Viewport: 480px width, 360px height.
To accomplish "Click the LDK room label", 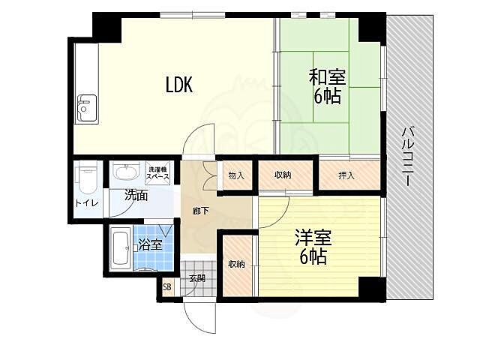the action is pyautogui.click(x=179, y=85).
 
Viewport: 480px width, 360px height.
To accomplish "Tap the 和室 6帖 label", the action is pyautogui.click(x=327, y=87).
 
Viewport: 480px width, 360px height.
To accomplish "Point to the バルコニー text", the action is pyautogui.click(x=406, y=157).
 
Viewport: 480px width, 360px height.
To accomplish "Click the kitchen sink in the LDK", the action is pyautogui.click(x=87, y=107).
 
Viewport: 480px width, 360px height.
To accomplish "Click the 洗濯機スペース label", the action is pyautogui.click(x=157, y=173).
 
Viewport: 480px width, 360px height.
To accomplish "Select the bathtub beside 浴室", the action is pyautogui.click(x=120, y=249).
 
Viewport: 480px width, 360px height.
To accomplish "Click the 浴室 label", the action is pyautogui.click(x=149, y=244).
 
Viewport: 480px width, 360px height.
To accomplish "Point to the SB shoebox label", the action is pyautogui.click(x=166, y=287).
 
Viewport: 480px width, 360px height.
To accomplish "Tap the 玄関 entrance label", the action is pyautogui.click(x=196, y=278).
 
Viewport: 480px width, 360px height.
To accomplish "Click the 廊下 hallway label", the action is pyautogui.click(x=201, y=211).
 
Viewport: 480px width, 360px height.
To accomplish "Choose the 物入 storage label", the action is pyautogui.click(x=236, y=175).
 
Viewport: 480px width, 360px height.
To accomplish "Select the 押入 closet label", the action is pyautogui.click(x=346, y=175).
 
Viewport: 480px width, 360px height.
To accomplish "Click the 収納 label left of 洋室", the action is pyautogui.click(x=237, y=264).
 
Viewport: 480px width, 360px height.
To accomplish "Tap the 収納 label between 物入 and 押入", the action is pyautogui.click(x=283, y=175).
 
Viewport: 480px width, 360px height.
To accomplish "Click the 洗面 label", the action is pyautogui.click(x=136, y=195).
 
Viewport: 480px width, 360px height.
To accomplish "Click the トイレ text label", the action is pyautogui.click(x=87, y=203).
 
